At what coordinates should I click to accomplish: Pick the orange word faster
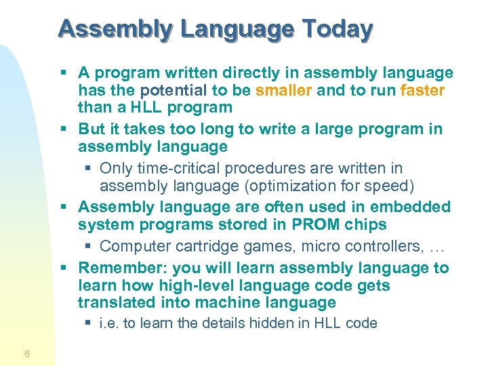pyautogui.click(x=422, y=90)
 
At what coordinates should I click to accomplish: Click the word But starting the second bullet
pyautogui.click(x=91, y=129)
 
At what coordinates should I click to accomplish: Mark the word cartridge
pyautogui.click(x=197, y=245)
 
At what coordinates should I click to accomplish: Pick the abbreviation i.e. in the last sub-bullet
pyautogui.click(x=108, y=323)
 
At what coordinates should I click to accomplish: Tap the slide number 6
pyautogui.click(x=26, y=354)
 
